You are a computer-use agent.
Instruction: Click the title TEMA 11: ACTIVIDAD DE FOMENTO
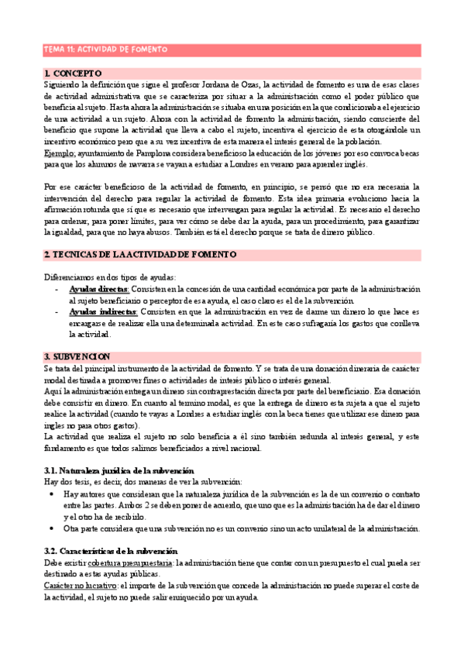pyautogui.click(x=106, y=50)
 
